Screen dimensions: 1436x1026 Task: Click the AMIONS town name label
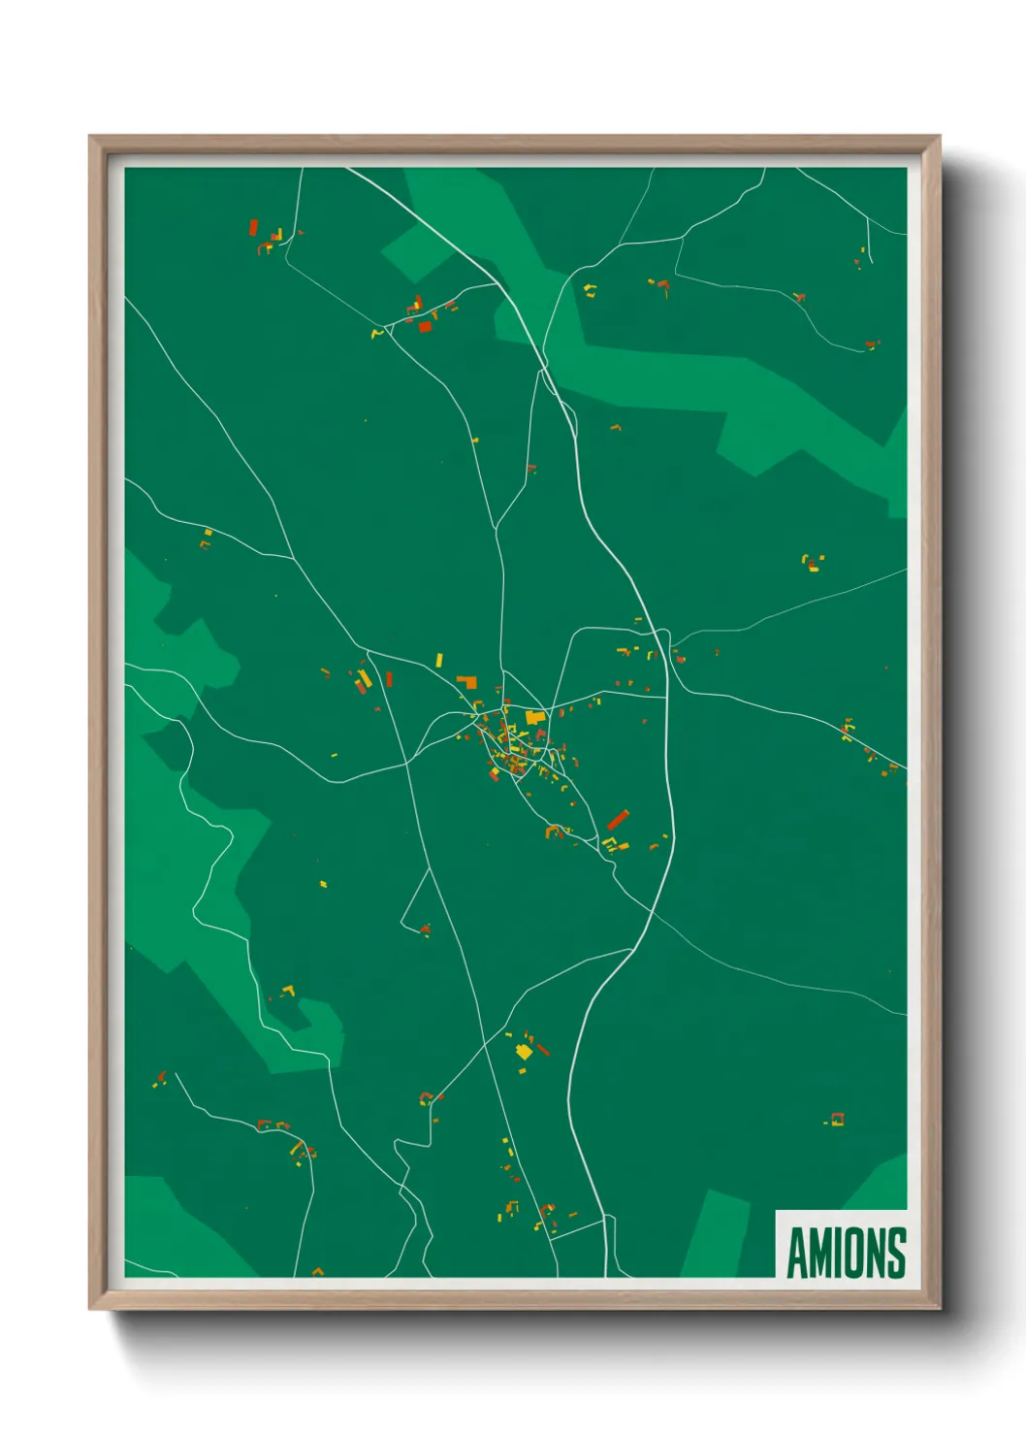pyautogui.click(x=846, y=1253)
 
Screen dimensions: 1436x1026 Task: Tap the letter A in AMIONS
pyautogui.click(x=797, y=1253)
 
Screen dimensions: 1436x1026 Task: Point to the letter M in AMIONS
pyautogui.click(x=820, y=1253)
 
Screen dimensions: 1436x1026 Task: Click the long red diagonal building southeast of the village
pyautogui.click(x=618, y=820)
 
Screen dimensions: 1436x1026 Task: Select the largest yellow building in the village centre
pyautogui.click(x=534, y=718)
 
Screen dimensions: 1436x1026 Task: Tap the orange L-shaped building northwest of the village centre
pyautogui.click(x=468, y=681)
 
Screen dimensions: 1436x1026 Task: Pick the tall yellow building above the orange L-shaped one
pyautogui.click(x=438, y=660)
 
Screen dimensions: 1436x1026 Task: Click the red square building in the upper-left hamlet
pyautogui.click(x=425, y=327)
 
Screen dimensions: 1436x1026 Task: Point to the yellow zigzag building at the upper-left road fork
pyautogui.click(x=377, y=334)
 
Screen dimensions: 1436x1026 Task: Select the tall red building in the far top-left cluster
pyautogui.click(x=254, y=228)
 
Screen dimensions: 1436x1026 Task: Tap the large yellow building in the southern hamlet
pyautogui.click(x=524, y=1051)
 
